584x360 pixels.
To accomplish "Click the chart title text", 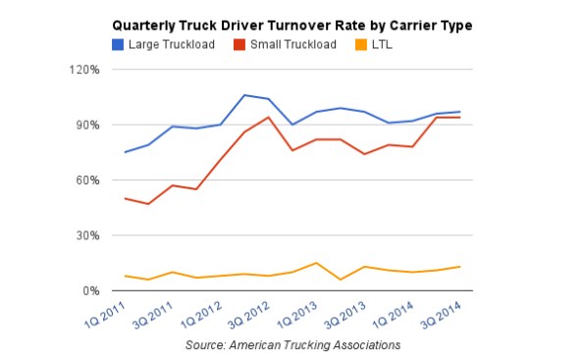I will coord(292,25).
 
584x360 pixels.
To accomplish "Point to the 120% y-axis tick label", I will coord(83,70).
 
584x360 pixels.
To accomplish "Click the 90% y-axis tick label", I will coord(86,125).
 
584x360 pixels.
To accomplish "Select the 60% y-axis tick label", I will coord(86,180).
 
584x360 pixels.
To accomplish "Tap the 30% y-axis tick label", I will coord(86,235).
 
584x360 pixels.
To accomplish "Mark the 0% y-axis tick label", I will coord(89,291).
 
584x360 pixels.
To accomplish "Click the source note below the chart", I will coord(292,345).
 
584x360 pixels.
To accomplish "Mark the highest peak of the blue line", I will coord(245,95).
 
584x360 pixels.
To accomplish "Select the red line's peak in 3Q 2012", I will coord(268,118).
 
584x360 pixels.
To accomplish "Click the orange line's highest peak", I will coord(314,263).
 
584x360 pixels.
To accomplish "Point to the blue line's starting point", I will coord(126,152).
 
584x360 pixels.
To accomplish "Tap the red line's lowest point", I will coord(148,204).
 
